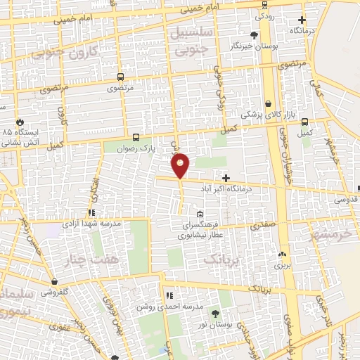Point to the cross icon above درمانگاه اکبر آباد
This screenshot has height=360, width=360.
click(x=226, y=178)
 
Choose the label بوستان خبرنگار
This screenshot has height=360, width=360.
click(x=251, y=46)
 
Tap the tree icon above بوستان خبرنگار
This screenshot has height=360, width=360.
click(x=254, y=34)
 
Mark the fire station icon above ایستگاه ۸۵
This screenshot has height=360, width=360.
click(x=20, y=121)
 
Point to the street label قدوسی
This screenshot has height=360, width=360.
click(x=344, y=199)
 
